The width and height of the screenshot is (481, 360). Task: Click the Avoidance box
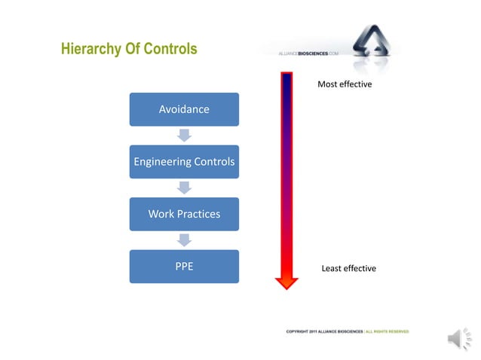point(184,109)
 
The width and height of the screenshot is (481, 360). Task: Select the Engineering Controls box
point(184,162)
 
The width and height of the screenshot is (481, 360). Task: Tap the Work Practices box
point(184,214)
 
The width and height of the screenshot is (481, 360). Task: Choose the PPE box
point(184,266)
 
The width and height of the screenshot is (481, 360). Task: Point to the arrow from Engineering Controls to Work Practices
point(184,188)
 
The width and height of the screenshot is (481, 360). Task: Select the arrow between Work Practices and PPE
point(184,239)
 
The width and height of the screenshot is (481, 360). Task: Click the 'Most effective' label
point(345,84)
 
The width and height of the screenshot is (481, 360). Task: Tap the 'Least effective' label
point(348,269)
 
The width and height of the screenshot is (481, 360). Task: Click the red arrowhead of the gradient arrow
point(286,282)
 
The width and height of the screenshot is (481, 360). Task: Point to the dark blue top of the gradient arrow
point(286,79)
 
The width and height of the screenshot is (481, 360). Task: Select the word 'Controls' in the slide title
point(169,50)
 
